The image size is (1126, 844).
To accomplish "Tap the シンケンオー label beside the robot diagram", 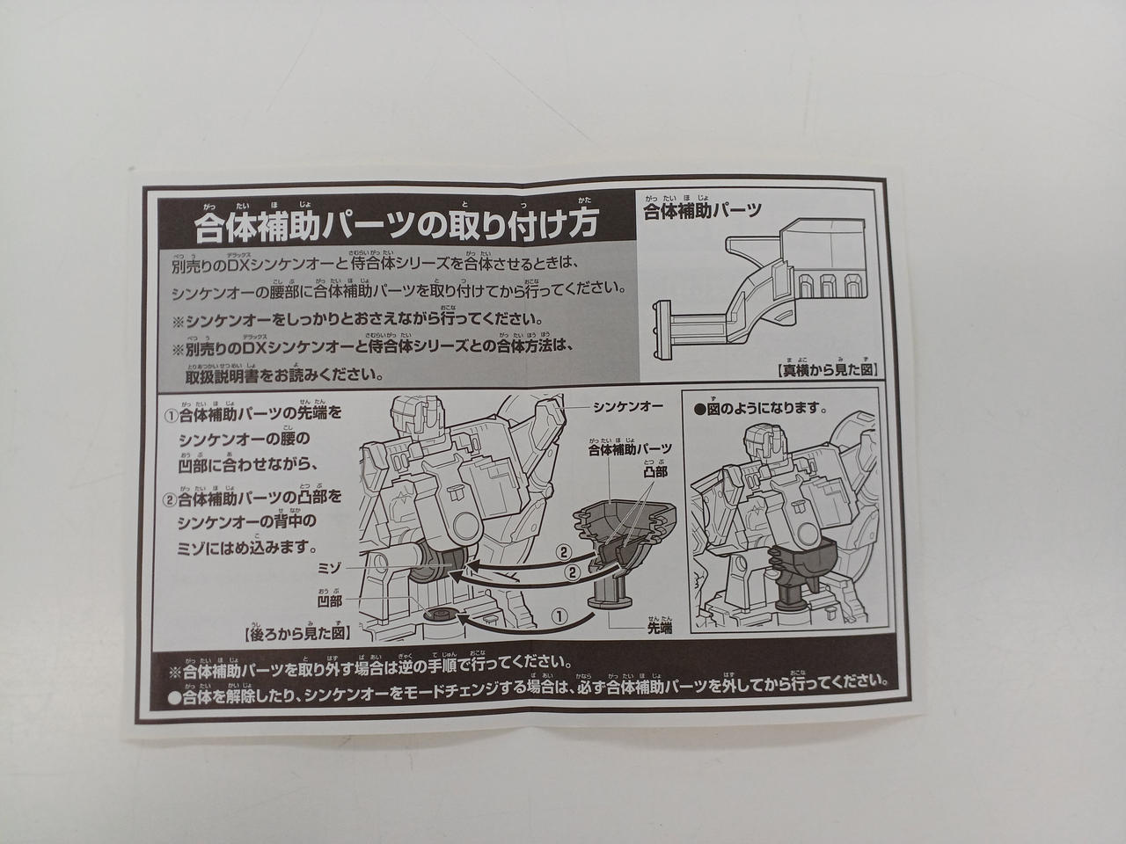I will (x=627, y=407).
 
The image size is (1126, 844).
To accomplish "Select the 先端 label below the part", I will (x=660, y=629).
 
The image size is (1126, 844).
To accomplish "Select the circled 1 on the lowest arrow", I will (x=556, y=615).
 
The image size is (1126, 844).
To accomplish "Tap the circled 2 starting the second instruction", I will (x=171, y=499).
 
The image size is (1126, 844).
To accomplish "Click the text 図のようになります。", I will (x=761, y=409).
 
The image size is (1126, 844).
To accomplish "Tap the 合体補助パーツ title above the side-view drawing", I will (x=702, y=212).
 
